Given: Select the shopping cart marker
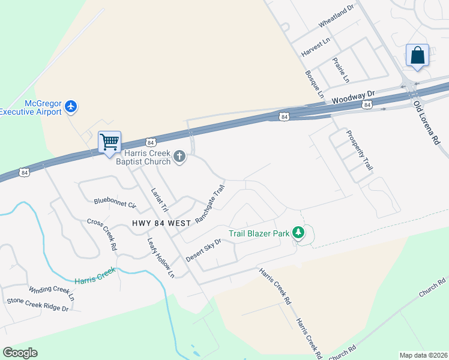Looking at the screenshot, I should tap(109, 143).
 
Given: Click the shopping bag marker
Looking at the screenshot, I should tap(417, 55).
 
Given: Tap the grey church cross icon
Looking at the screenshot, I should tap(179, 157).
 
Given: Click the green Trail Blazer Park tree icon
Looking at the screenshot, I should tap(298, 233).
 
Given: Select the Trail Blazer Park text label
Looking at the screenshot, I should tap(258, 233).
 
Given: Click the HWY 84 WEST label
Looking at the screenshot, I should tap(161, 223).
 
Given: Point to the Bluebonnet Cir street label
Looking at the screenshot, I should tap(115, 202).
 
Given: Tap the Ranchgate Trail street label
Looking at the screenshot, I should tap(209, 205).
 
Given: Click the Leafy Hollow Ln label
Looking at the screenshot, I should tap(161, 257).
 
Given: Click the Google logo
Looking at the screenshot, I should tap(20, 353).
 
